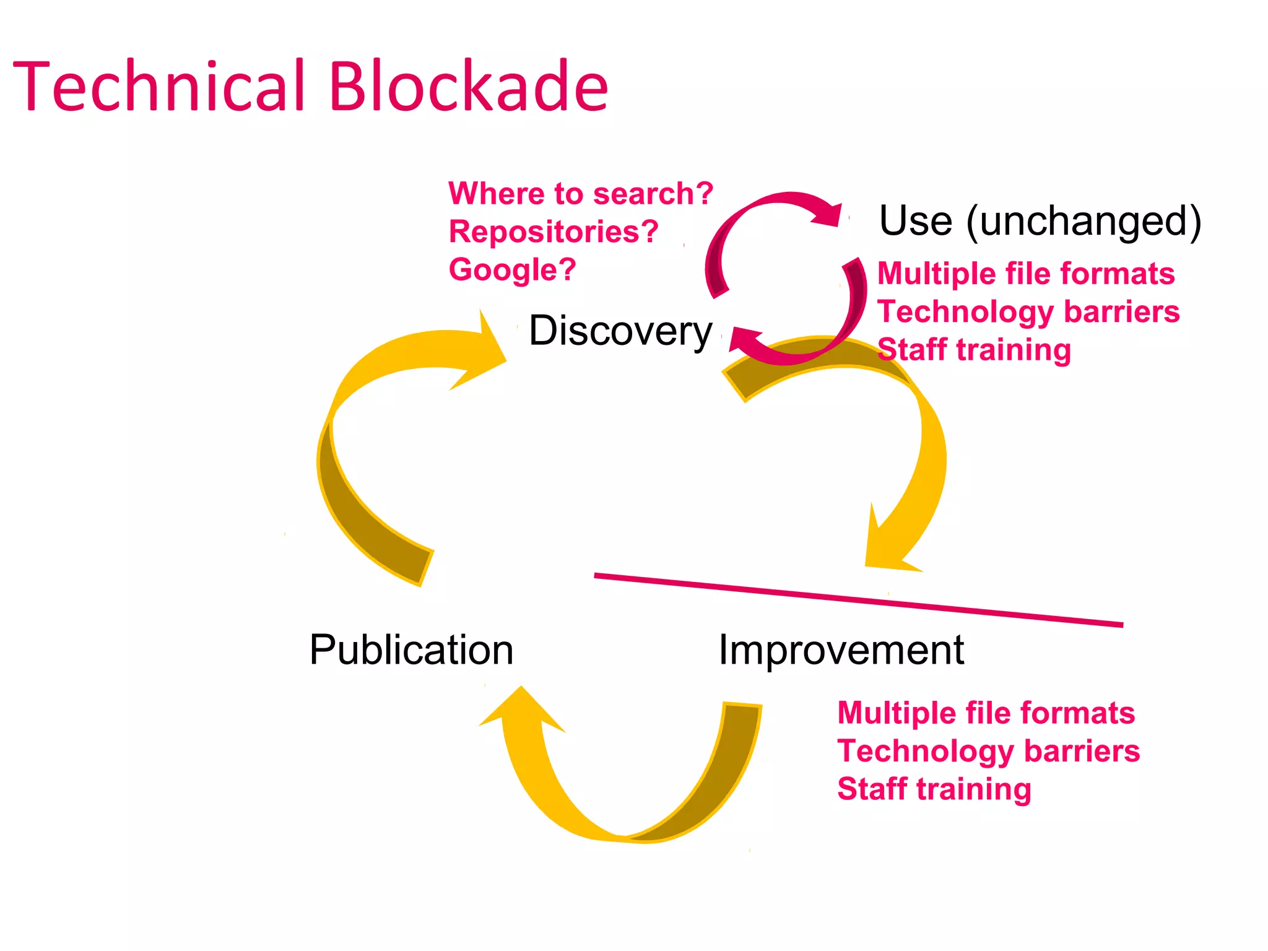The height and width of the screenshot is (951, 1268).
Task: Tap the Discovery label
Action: (620, 331)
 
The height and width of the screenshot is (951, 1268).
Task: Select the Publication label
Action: (411, 650)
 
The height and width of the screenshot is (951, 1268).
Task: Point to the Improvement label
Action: (841, 650)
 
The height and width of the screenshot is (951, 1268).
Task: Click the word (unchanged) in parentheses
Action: (1083, 222)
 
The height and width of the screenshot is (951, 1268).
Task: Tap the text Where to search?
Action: (581, 194)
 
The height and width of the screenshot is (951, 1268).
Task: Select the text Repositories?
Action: (554, 232)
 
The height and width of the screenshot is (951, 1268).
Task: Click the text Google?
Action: (513, 270)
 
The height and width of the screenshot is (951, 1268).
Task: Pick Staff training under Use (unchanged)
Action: (974, 350)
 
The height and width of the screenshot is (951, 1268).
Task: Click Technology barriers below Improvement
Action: (988, 751)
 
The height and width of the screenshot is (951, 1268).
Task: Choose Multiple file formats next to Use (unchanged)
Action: (1026, 274)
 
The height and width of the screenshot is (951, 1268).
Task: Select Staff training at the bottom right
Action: (934, 789)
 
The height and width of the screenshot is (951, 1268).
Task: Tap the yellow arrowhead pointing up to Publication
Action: (522, 712)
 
